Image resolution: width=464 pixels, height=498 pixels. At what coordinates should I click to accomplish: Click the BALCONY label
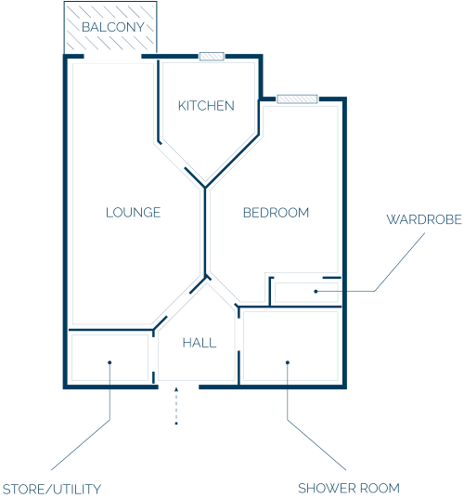click(113, 27)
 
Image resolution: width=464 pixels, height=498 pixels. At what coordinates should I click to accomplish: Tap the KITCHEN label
click(206, 106)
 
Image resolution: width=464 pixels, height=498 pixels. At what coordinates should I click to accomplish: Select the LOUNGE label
click(134, 213)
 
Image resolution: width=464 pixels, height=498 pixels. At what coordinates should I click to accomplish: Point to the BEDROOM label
click(276, 213)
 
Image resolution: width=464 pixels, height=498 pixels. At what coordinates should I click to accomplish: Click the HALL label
click(200, 343)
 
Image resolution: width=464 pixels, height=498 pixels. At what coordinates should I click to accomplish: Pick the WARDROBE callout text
click(424, 219)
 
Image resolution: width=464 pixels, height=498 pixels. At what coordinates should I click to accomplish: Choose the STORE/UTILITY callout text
click(52, 489)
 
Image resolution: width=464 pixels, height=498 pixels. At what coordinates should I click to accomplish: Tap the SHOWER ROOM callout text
click(349, 488)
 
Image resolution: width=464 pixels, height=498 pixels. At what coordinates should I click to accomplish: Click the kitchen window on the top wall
click(212, 57)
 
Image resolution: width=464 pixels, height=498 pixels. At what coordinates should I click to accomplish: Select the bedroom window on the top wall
click(297, 99)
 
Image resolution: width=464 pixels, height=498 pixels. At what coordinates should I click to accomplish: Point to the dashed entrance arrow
click(176, 406)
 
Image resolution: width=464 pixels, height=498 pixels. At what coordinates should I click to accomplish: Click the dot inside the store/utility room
click(110, 362)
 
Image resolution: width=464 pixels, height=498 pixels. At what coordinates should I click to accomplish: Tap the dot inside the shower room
click(288, 362)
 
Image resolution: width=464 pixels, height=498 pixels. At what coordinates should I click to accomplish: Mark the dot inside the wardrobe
click(316, 291)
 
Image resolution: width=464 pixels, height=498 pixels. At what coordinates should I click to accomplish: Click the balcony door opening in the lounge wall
click(112, 57)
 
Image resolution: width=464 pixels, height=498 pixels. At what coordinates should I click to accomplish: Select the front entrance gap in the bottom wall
click(178, 387)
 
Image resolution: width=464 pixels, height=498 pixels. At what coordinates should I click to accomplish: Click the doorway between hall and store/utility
click(153, 354)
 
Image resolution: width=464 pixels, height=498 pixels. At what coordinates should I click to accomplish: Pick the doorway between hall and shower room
click(238, 334)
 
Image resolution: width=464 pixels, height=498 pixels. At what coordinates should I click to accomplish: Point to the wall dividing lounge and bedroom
click(205, 232)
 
